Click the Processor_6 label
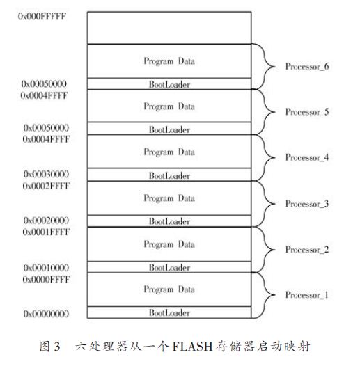click(307, 67)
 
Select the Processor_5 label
click(307, 112)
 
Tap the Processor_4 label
click(307, 157)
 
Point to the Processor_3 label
click(307, 204)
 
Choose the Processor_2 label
click(307, 250)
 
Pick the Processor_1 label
click(307, 295)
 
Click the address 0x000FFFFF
click(42, 16)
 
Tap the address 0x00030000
click(46, 174)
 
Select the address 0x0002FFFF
click(46, 186)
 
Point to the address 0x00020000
click(46, 220)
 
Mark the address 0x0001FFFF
click(46, 232)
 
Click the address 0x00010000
click(46, 267)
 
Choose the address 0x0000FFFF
click(46, 279)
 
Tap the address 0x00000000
click(46, 314)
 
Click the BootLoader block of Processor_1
click(169, 312)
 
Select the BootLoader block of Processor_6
click(169, 83)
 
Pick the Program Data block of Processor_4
click(169, 152)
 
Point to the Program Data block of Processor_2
click(169, 244)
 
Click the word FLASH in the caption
click(192, 346)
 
